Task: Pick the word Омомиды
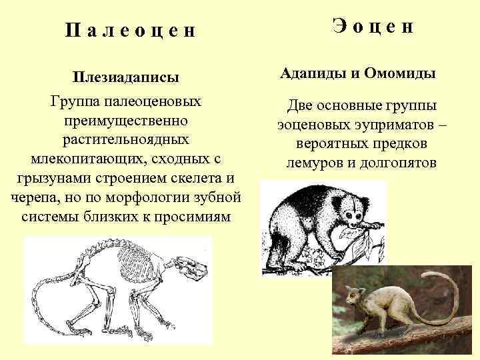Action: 400,73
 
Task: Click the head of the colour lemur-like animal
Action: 353,295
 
